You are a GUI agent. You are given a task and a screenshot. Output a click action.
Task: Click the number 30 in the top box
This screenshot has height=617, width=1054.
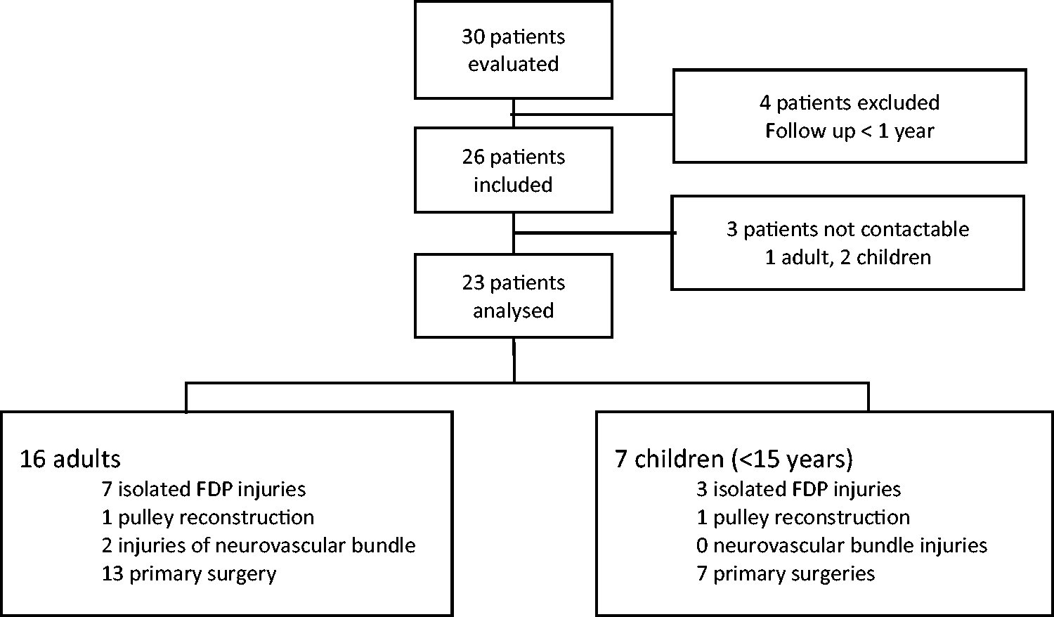click(473, 37)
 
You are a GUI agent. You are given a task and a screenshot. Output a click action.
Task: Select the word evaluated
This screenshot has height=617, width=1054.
click(514, 64)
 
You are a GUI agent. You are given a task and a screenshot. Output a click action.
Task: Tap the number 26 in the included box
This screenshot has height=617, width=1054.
click(474, 157)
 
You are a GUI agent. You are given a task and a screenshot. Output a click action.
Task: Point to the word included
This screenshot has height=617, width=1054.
click(513, 185)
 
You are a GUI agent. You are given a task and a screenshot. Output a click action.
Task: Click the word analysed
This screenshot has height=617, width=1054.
click(514, 311)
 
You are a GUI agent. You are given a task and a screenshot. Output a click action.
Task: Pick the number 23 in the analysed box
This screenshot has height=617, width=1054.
click(474, 283)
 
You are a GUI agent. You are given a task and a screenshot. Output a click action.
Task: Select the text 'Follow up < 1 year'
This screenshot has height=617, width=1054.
click(850, 131)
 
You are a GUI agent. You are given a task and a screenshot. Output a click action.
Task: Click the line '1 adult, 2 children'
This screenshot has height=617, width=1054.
click(848, 257)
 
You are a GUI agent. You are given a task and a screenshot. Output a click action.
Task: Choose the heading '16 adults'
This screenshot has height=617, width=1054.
click(70, 459)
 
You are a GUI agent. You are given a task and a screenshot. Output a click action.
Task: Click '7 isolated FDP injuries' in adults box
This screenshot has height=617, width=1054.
click(204, 490)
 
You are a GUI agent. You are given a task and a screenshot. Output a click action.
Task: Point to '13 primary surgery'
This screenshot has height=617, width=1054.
click(189, 574)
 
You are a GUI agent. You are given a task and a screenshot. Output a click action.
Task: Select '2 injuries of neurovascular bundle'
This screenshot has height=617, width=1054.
click(259, 545)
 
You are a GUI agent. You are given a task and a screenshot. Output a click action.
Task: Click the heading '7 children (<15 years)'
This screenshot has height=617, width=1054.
click(734, 459)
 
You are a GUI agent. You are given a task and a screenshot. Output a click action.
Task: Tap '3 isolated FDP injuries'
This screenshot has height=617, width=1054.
click(798, 490)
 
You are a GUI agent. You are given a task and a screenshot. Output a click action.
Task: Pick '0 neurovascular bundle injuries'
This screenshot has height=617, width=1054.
click(842, 545)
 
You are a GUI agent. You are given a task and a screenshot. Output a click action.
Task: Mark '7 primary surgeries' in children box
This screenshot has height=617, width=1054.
click(786, 574)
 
